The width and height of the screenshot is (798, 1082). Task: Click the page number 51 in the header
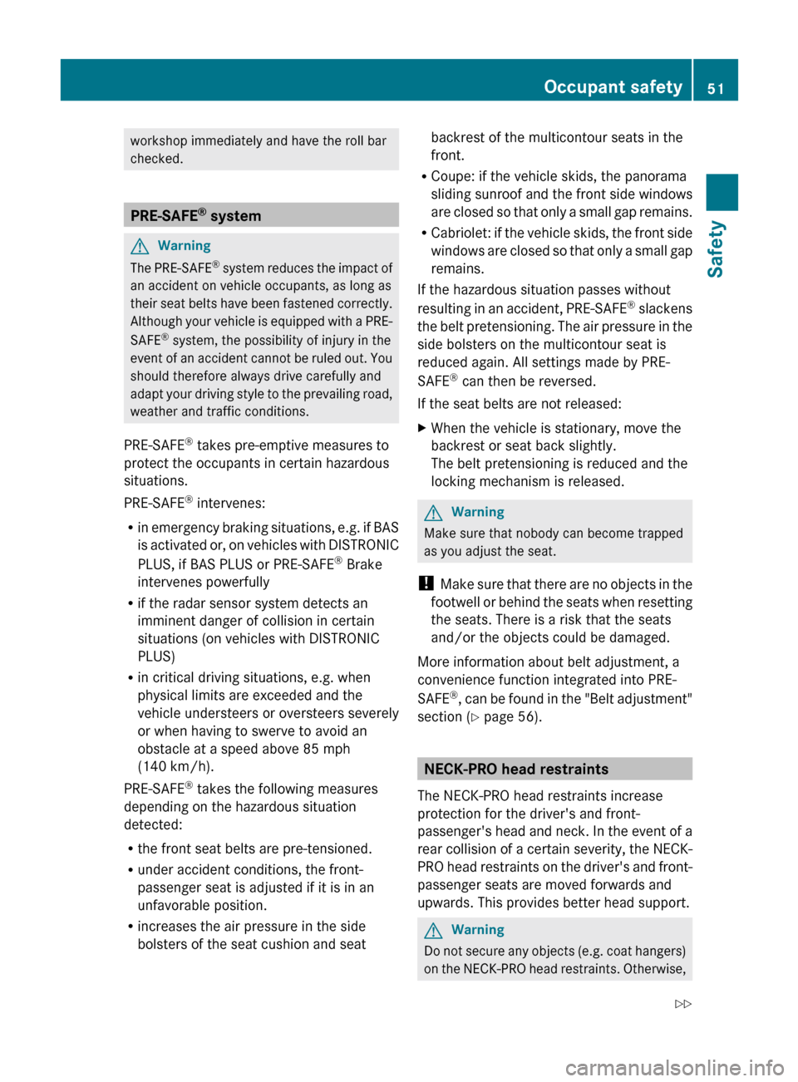[716, 88]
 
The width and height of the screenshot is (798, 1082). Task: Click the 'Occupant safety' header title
[613, 86]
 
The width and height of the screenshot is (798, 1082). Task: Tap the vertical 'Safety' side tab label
[716, 248]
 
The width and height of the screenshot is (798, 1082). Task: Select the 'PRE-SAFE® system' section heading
[195, 215]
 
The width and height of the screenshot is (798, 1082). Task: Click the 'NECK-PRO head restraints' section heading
[515, 769]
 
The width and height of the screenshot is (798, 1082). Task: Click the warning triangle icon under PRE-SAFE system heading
[140, 246]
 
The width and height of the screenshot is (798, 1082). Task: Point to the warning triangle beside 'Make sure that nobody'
[433, 513]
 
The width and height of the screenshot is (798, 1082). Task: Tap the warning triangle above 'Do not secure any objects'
[433, 931]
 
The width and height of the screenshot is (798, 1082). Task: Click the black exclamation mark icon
[426, 583]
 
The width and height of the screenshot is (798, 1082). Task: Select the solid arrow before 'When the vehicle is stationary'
[422, 428]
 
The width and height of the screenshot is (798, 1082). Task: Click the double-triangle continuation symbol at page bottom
[682, 1004]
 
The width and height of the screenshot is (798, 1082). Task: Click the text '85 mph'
[327, 749]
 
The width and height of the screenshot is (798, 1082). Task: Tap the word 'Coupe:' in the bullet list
[453, 176]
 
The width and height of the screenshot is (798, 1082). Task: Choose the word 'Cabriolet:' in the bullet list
[461, 233]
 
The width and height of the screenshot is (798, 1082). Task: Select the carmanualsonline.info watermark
[674, 1067]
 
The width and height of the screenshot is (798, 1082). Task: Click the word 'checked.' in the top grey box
[156, 159]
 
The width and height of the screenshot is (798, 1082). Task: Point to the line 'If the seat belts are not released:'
[519, 404]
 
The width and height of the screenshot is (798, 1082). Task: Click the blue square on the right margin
[722, 192]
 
